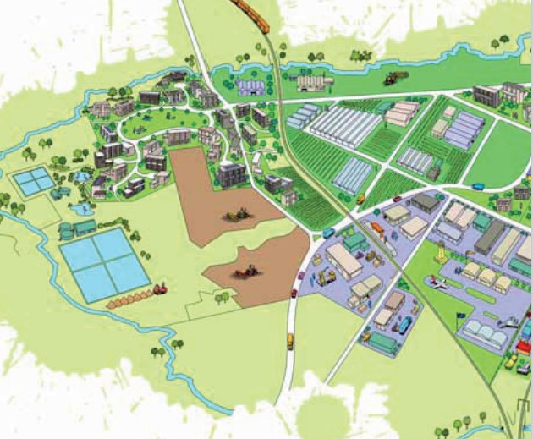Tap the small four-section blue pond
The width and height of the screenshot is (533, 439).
click(33, 180)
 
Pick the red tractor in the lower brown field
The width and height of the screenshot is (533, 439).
click(246, 272)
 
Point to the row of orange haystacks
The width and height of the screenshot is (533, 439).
click(127, 299)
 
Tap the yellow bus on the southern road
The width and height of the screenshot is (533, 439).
click(290, 340)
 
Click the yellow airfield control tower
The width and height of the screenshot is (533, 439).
click(441, 253)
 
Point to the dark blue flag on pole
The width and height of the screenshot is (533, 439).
click(461, 319)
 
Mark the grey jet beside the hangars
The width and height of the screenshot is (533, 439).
click(510, 321)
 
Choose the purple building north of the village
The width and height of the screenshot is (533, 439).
click(251, 87)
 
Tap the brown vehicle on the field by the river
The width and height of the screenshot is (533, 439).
click(392, 79)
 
